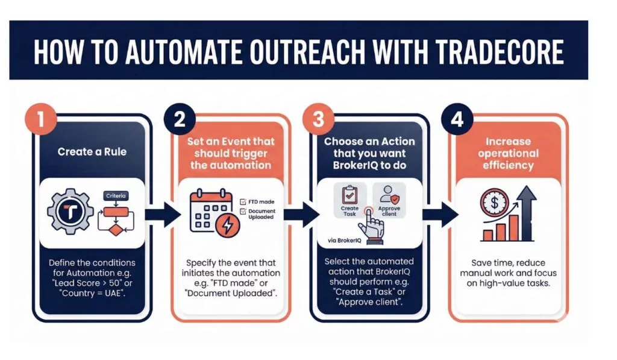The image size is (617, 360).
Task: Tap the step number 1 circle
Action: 40,119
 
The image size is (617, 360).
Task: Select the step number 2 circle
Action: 179,119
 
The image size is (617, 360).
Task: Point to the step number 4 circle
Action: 457,119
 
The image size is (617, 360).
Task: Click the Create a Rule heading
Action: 92,151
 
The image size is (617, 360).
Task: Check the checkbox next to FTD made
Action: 243,201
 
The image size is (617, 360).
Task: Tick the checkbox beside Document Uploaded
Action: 243,212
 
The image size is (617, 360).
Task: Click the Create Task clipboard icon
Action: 350,195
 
